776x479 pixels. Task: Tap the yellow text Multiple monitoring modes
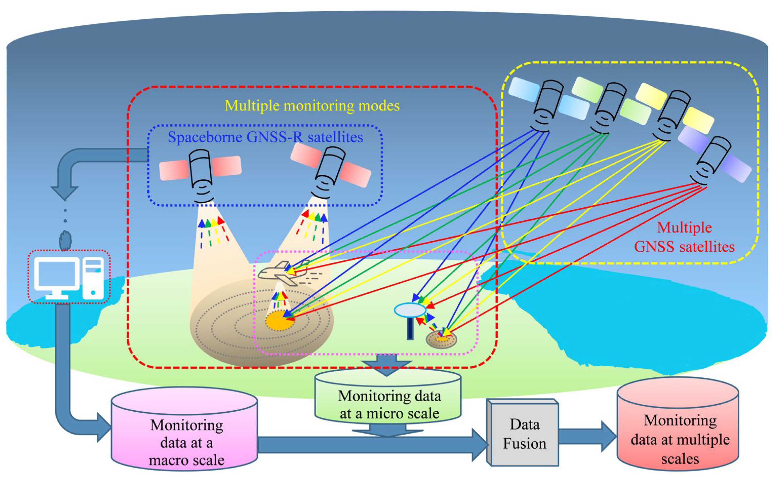[312, 105]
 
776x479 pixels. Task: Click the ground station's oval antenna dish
[410, 310]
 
